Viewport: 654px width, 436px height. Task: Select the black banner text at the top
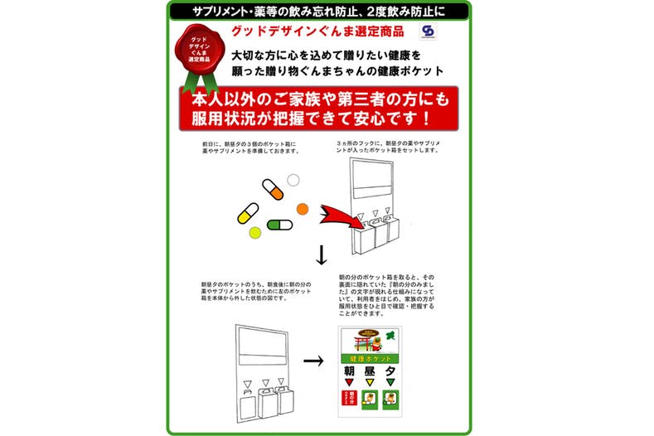[318, 11]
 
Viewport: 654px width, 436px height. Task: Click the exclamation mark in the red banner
[424, 118]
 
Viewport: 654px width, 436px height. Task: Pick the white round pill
[293, 180]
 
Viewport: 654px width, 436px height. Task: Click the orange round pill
[303, 208]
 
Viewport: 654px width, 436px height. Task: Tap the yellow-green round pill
[255, 232]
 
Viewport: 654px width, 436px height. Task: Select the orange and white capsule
[273, 189]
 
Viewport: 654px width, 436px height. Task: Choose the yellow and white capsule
[248, 213]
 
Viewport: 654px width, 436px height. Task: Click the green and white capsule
[280, 225]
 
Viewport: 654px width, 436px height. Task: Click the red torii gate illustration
[361, 341]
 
